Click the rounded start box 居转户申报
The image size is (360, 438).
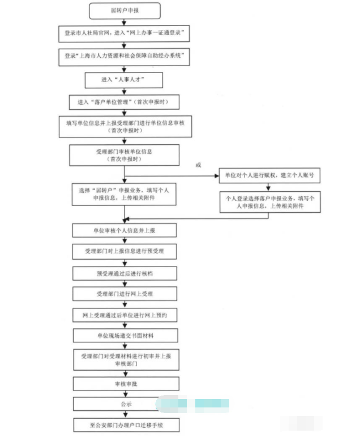click(125, 11)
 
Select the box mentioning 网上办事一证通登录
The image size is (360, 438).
click(124, 33)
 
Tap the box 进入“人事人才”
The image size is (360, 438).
click(124, 80)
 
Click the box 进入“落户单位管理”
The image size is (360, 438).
click(124, 102)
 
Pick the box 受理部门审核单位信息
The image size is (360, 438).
click(125, 155)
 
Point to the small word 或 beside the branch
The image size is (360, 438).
click(198, 165)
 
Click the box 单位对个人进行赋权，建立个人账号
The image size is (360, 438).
click(269, 175)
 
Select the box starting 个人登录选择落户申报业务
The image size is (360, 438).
click(270, 202)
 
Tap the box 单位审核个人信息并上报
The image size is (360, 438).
click(125, 230)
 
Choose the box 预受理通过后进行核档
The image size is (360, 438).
click(125, 273)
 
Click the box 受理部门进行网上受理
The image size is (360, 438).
click(125, 294)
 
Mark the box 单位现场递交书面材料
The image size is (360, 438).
click(126, 336)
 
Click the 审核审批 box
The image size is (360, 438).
click(126, 384)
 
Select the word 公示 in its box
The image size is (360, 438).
click(126, 404)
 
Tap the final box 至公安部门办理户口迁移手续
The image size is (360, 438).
click(126, 425)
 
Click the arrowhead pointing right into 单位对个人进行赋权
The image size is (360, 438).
click(217, 175)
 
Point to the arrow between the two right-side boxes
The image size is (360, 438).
click(268, 187)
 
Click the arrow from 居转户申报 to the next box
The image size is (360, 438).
click(124, 22)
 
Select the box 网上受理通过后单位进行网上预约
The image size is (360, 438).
click(125, 315)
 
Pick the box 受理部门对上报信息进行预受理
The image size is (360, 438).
click(125, 251)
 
